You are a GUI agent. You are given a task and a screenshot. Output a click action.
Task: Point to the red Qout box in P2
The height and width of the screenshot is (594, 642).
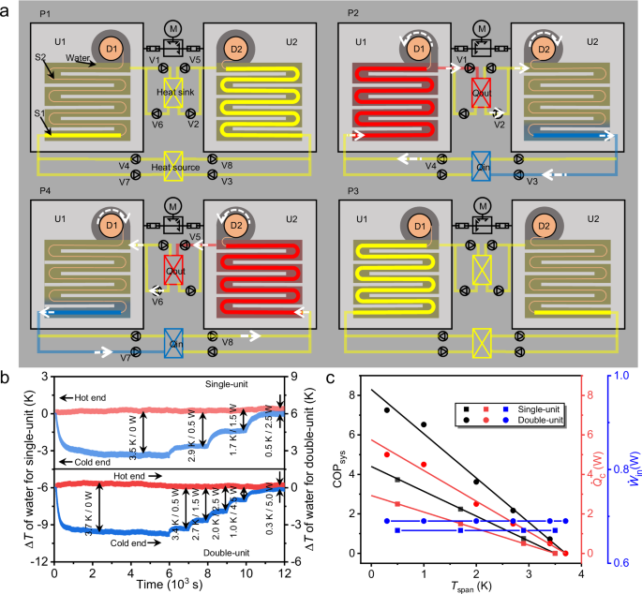[x=482, y=92]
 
